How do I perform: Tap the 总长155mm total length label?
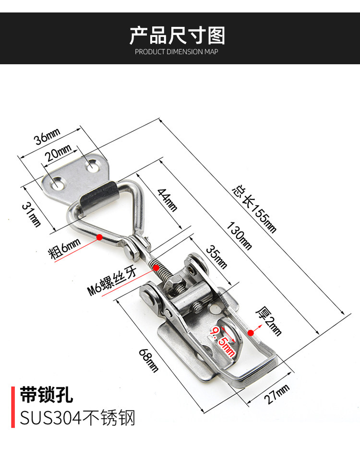click(254, 209)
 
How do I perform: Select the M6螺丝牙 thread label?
click(112, 280)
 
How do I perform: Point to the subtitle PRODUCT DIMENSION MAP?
click(176, 52)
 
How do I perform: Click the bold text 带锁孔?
click(46, 394)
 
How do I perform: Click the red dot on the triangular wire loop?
click(100, 237)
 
